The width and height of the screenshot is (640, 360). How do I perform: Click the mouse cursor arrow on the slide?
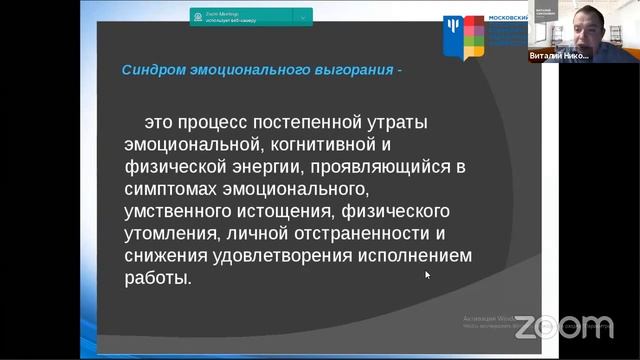tap(427, 273)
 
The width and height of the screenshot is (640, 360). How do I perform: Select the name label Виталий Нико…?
tap(558, 56)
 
